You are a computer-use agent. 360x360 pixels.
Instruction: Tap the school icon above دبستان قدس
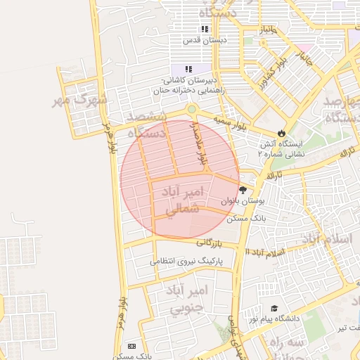pyautogui.click(x=205, y=29)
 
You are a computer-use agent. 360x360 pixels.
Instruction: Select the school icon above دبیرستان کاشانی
pyautogui.click(x=188, y=69)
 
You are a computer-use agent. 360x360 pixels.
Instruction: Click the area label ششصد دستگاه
pyautogui.click(x=146, y=124)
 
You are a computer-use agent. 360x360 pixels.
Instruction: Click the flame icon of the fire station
pyautogui.click(x=282, y=132)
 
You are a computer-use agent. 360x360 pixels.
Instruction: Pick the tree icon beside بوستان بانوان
pyautogui.click(x=243, y=190)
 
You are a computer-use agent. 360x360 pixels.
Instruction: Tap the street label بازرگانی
pyautogui.click(x=214, y=243)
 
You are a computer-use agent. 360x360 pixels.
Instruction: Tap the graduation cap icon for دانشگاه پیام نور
pyautogui.click(x=274, y=309)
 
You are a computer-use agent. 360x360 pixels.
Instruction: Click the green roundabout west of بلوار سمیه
pyautogui.click(x=191, y=110)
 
